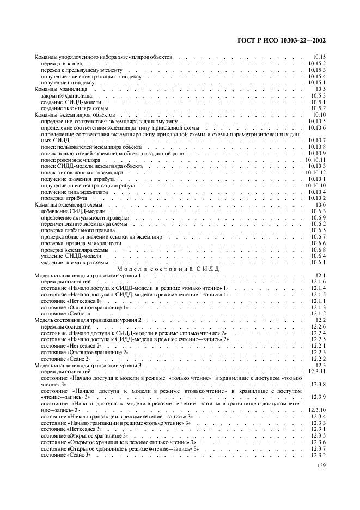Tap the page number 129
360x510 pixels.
(x=321, y=466)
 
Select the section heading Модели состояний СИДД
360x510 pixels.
(x=168, y=269)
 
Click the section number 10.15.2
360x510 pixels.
(x=316, y=64)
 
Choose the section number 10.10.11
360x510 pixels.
(x=315, y=160)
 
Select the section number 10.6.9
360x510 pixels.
(x=318, y=217)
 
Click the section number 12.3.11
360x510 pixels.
(x=315, y=371)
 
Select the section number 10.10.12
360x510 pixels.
(x=315, y=173)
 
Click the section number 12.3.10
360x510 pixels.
(x=315, y=410)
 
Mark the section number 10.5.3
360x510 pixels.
(x=318, y=95)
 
